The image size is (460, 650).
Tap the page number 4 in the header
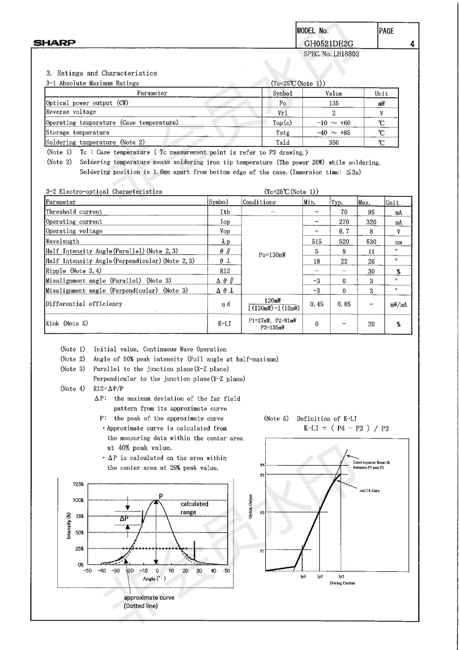coord(411,43)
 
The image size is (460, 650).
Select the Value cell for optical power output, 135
coord(333,103)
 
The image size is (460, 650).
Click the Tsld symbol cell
coord(282,143)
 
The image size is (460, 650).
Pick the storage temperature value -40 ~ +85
coord(333,133)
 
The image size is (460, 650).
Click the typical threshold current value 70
coord(344,212)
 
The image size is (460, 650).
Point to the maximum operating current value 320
coord(370,222)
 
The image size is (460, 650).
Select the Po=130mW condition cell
coord(271,253)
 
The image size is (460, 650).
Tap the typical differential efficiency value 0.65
coord(344,304)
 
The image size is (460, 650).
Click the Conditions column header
coord(259,202)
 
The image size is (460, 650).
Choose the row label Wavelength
coord(63,241)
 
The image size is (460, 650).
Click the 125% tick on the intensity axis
coord(78,484)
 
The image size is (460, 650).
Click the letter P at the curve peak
coord(160,495)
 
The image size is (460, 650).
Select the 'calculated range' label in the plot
coord(194,508)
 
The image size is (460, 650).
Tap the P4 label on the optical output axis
coord(262,465)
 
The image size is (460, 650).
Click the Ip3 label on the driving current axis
coord(341,576)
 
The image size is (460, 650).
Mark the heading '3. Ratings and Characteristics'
coord(101,74)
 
